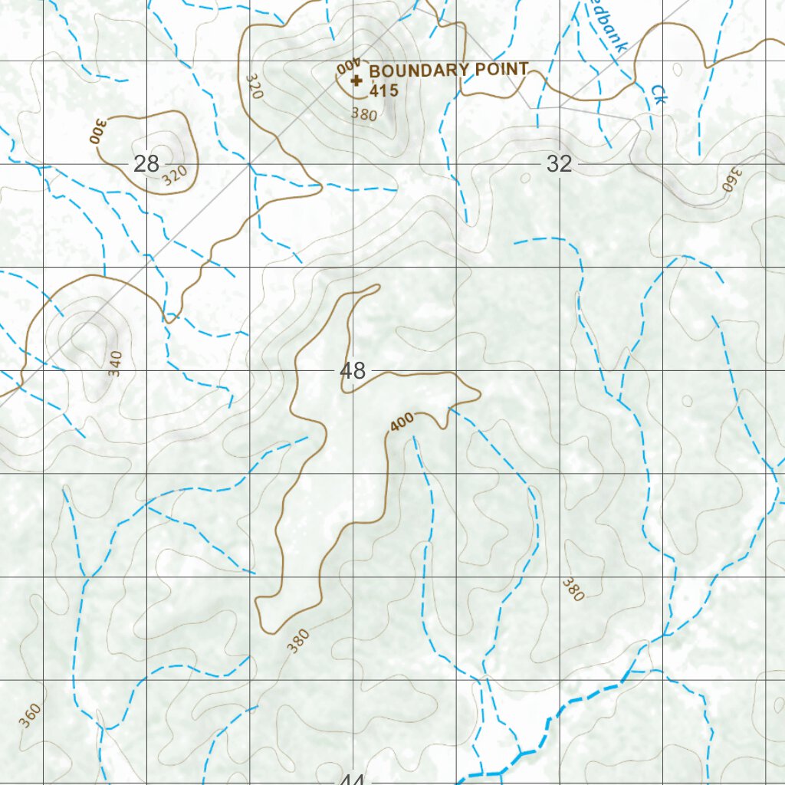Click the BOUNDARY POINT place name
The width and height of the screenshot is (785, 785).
coord(448,70)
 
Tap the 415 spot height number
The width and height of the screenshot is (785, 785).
coord(383,91)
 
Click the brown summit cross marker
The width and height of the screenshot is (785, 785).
coord(356,80)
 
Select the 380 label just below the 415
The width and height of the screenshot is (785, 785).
coord(364,114)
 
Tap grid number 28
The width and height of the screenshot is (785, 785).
coord(146,163)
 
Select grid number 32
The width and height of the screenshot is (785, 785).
coord(560,163)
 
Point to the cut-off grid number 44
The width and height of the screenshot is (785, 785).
coord(351,779)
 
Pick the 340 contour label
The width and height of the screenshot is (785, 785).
coord(115,363)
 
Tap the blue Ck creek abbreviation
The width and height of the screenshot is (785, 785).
coord(657,94)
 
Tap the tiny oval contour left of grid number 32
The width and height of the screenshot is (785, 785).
coord(525,178)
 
